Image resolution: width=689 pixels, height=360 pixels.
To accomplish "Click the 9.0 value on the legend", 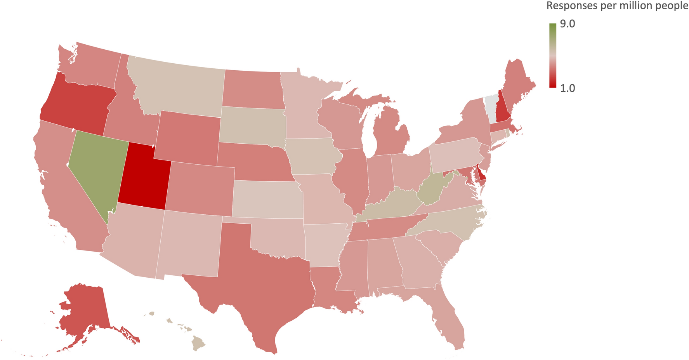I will (x=567, y=24).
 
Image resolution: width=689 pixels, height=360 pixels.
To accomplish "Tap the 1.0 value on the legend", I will (x=567, y=88).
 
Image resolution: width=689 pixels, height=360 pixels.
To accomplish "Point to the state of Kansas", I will (x=268, y=199).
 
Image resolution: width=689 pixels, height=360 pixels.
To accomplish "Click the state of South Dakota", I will (x=252, y=124).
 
